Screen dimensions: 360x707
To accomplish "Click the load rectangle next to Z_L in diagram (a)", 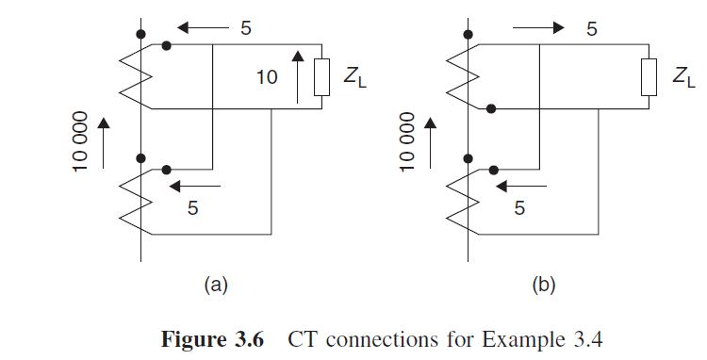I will pyautogui.click(x=321, y=77).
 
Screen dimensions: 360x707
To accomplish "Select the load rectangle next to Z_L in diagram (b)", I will pyautogui.click(x=648, y=77).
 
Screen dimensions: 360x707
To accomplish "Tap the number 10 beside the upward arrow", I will pyautogui.click(x=268, y=78).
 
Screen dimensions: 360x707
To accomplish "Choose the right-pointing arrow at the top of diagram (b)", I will pyautogui.click(x=538, y=28).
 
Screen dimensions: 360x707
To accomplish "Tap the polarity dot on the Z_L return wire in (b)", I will pyautogui.click(x=490, y=109).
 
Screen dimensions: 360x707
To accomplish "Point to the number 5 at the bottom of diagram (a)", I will pyautogui.click(x=193, y=208).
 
